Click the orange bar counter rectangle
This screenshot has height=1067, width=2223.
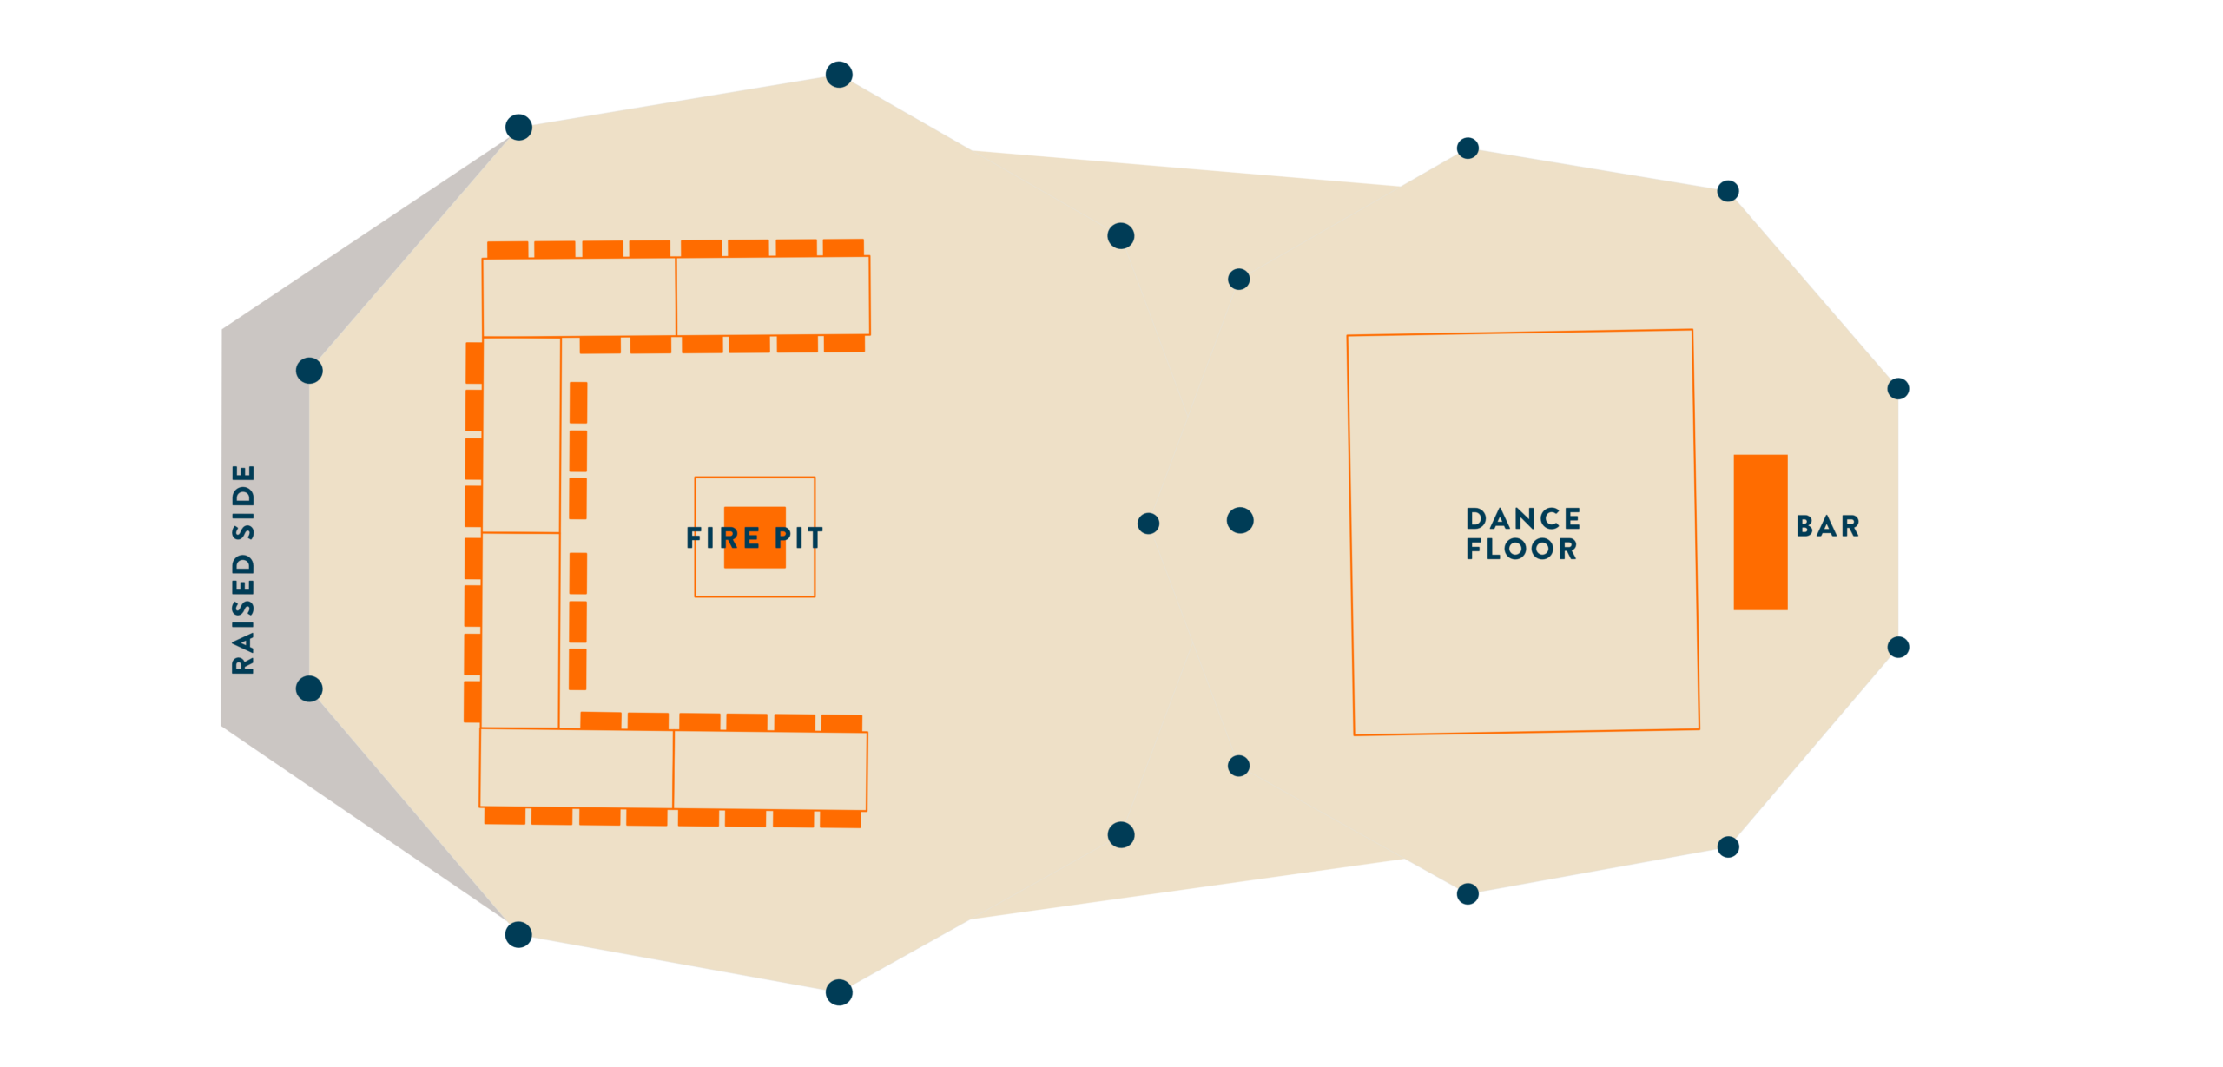click(1760, 532)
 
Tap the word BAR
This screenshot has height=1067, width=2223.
click(1828, 526)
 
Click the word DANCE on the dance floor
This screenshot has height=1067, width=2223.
click(1523, 519)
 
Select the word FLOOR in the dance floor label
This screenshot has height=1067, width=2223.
click(1521, 549)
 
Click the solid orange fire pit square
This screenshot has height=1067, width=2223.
click(755, 537)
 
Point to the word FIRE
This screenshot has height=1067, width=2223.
click(722, 538)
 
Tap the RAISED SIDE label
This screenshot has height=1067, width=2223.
click(244, 570)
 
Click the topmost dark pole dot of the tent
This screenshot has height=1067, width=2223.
click(839, 75)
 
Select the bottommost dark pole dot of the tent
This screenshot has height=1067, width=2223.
click(839, 992)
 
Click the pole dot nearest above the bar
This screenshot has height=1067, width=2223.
click(1898, 388)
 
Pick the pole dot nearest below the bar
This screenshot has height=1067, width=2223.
click(1898, 647)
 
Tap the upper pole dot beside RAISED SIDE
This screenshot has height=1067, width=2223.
click(309, 371)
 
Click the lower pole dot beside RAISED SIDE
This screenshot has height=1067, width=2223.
click(309, 688)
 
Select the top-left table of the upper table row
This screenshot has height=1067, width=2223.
click(579, 297)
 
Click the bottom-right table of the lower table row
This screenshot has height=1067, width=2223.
click(770, 771)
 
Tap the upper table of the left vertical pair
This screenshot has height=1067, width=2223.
click(521, 435)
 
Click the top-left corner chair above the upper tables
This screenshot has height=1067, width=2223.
click(508, 250)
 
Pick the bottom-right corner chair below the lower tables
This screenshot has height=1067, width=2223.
click(841, 819)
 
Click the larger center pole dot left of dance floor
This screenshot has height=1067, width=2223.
click(1240, 520)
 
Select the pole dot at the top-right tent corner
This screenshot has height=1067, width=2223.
click(1728, 191)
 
